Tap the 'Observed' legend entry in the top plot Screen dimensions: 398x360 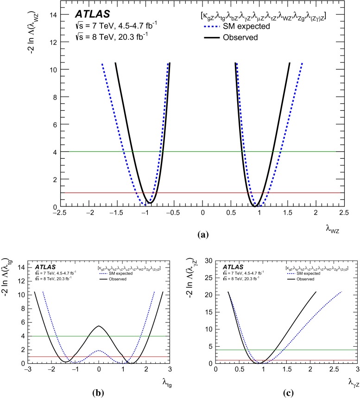(241, 37)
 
